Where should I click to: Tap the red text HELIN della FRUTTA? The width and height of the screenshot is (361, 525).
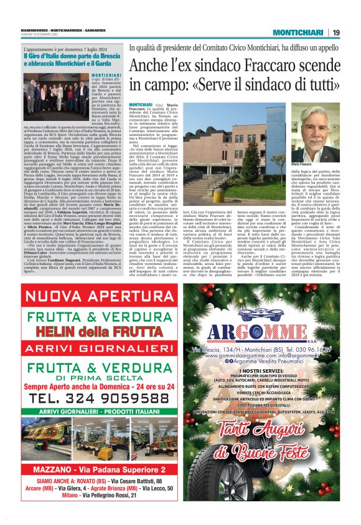coord(90,327)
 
